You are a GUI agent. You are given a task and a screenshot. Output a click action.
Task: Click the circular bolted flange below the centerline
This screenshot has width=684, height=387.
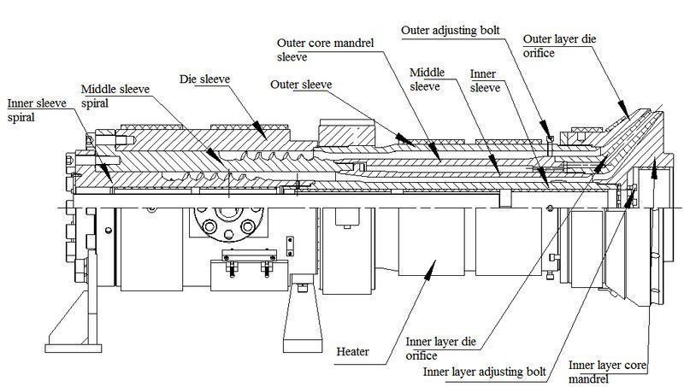[x=227, y=228]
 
